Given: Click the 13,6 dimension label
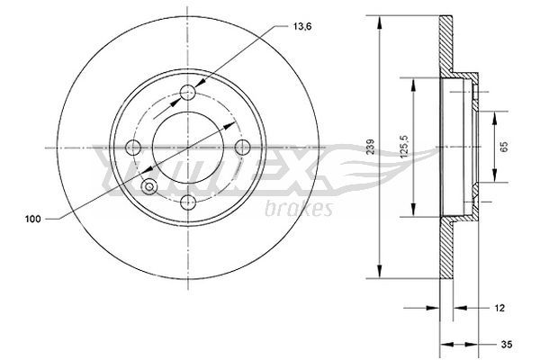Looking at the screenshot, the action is (302, 26).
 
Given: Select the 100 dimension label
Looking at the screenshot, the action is (32, 219).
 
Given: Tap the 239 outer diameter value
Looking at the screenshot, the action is (371, 147).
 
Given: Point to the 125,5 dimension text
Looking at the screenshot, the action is (404, 147).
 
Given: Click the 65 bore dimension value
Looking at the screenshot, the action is (504, 147).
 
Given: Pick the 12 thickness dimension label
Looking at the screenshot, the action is (499, 308).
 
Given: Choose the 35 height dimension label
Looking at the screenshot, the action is (507, 344).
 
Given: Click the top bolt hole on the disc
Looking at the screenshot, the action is (188, 93).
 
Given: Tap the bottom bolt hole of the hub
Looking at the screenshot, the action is (188, 202).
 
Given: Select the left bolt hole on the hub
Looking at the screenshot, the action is (133, 148).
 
